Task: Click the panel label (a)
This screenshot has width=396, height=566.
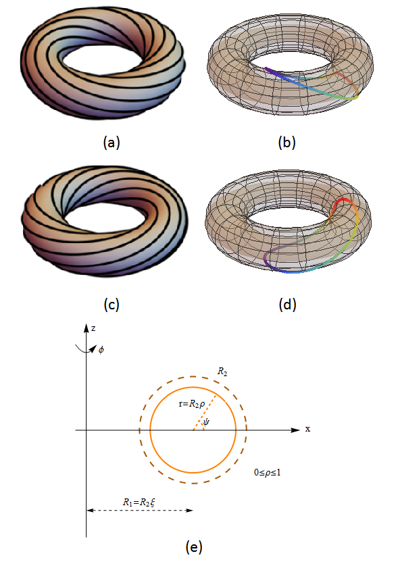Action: coord(112,143)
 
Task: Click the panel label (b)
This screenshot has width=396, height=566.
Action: coord(287,143)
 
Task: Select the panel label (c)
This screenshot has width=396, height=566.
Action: coord(112,305)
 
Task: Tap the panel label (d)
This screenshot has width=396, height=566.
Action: coord(287,305)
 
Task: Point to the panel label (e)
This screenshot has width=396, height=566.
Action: coord(194,547)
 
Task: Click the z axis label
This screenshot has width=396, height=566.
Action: coord(93,328)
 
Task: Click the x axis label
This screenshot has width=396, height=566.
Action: coord(307,429)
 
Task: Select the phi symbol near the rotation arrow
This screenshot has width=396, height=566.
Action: coord(101,349)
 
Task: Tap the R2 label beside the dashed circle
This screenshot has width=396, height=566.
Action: coord(222,371)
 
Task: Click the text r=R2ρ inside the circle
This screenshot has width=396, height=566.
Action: coord(192,404)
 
